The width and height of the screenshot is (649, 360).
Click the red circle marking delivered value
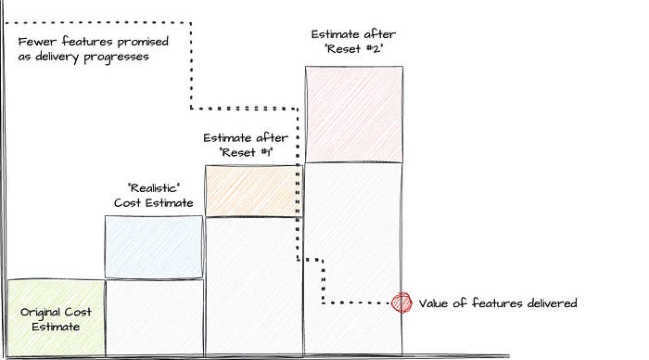[x=401, y=302]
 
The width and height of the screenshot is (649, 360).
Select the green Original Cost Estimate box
[x=57, y=317]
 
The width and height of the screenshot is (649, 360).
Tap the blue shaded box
[x=154, y=247]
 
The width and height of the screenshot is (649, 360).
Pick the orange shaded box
[x=254, y=191]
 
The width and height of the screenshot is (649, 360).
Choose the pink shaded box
[x=354, y=114]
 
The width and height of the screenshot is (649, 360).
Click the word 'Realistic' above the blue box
[x=154, y=188]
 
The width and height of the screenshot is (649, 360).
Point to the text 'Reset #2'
[x=354, y=49]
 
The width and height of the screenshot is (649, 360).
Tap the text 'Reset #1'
[x=247, y=152]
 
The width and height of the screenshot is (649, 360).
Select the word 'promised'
[x=143, y=43]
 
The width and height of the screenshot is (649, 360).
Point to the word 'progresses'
[x=116, y=58]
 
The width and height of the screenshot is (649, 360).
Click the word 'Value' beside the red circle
[x=433, y=303]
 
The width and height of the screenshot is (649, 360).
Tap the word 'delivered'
[x=553, y=303]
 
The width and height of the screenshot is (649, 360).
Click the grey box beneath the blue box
[x=155, y=317]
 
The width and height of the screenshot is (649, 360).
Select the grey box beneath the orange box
[x=254, y=287]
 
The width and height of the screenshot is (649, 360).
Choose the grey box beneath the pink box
[x=353, y=259]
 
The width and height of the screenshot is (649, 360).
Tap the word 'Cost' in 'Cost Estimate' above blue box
[x=127, y=203]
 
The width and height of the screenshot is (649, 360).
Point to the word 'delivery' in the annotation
[x=57, y=57]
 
